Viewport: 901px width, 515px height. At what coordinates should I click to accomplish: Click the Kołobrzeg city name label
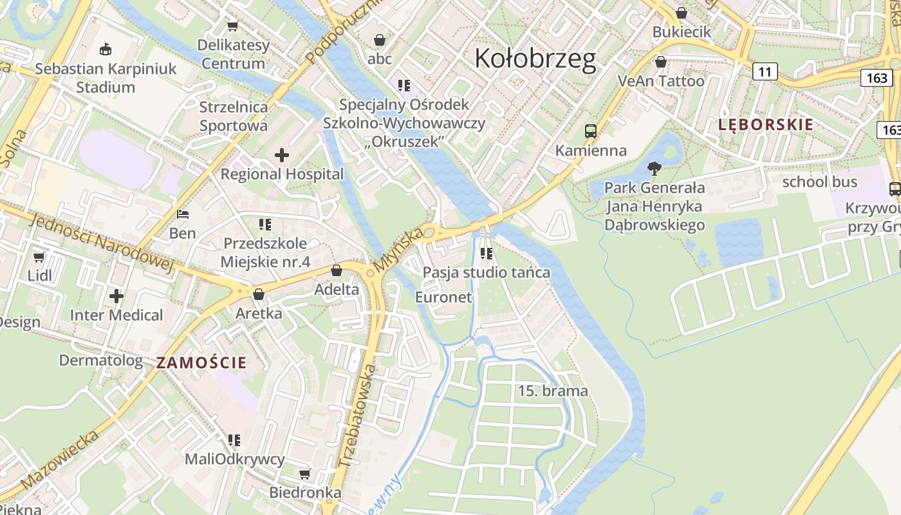pyautogui.click(x=535, y=59)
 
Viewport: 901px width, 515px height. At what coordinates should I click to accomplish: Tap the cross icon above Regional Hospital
pyautogui.click(x=281, y=154)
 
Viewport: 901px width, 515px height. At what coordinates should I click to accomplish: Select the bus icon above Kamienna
pyautogui.click(x=590, y=131)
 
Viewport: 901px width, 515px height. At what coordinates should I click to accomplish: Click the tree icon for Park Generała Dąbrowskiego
pyautogui.click(x=655, y=169)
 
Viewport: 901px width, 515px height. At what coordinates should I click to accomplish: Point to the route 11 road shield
pyautogui.click(x=765, y=71)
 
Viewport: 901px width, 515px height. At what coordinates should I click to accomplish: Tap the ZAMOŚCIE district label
pyautogui.click(x=201, y=362)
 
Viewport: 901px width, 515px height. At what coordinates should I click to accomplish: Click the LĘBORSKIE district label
pyautogui.click(x=766, y=125)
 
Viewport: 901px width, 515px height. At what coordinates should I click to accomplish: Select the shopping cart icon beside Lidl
pyautogui.click(x=39, y=257)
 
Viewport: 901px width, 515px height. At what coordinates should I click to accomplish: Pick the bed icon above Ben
pyautogui.click(x=183, y=214)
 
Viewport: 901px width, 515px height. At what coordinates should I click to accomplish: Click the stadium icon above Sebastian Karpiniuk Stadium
pyautogui.click(x=106, y=49)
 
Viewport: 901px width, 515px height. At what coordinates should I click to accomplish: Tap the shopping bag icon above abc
pyautogui.click(x=380, y=40)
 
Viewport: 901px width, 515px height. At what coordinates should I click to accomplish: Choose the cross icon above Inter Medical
pyautogui.click(x=116, y=296)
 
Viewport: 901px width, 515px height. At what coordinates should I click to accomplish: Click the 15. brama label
pyautogui.click(x=553, y=391)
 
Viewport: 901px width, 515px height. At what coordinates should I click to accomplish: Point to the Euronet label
pyautogui.click(x=443, y=297)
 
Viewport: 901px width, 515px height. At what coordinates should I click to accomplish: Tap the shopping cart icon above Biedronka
pyautogui.click(x=305, y=474)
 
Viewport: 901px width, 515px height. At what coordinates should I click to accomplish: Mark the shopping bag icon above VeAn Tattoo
pyautogui.click(x=660, y=62)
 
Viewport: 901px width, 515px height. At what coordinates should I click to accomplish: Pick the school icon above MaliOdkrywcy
pyautogui.click(x=234, y=440)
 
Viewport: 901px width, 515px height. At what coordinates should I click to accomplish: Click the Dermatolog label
pyautogui.click(x=101, y=360)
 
